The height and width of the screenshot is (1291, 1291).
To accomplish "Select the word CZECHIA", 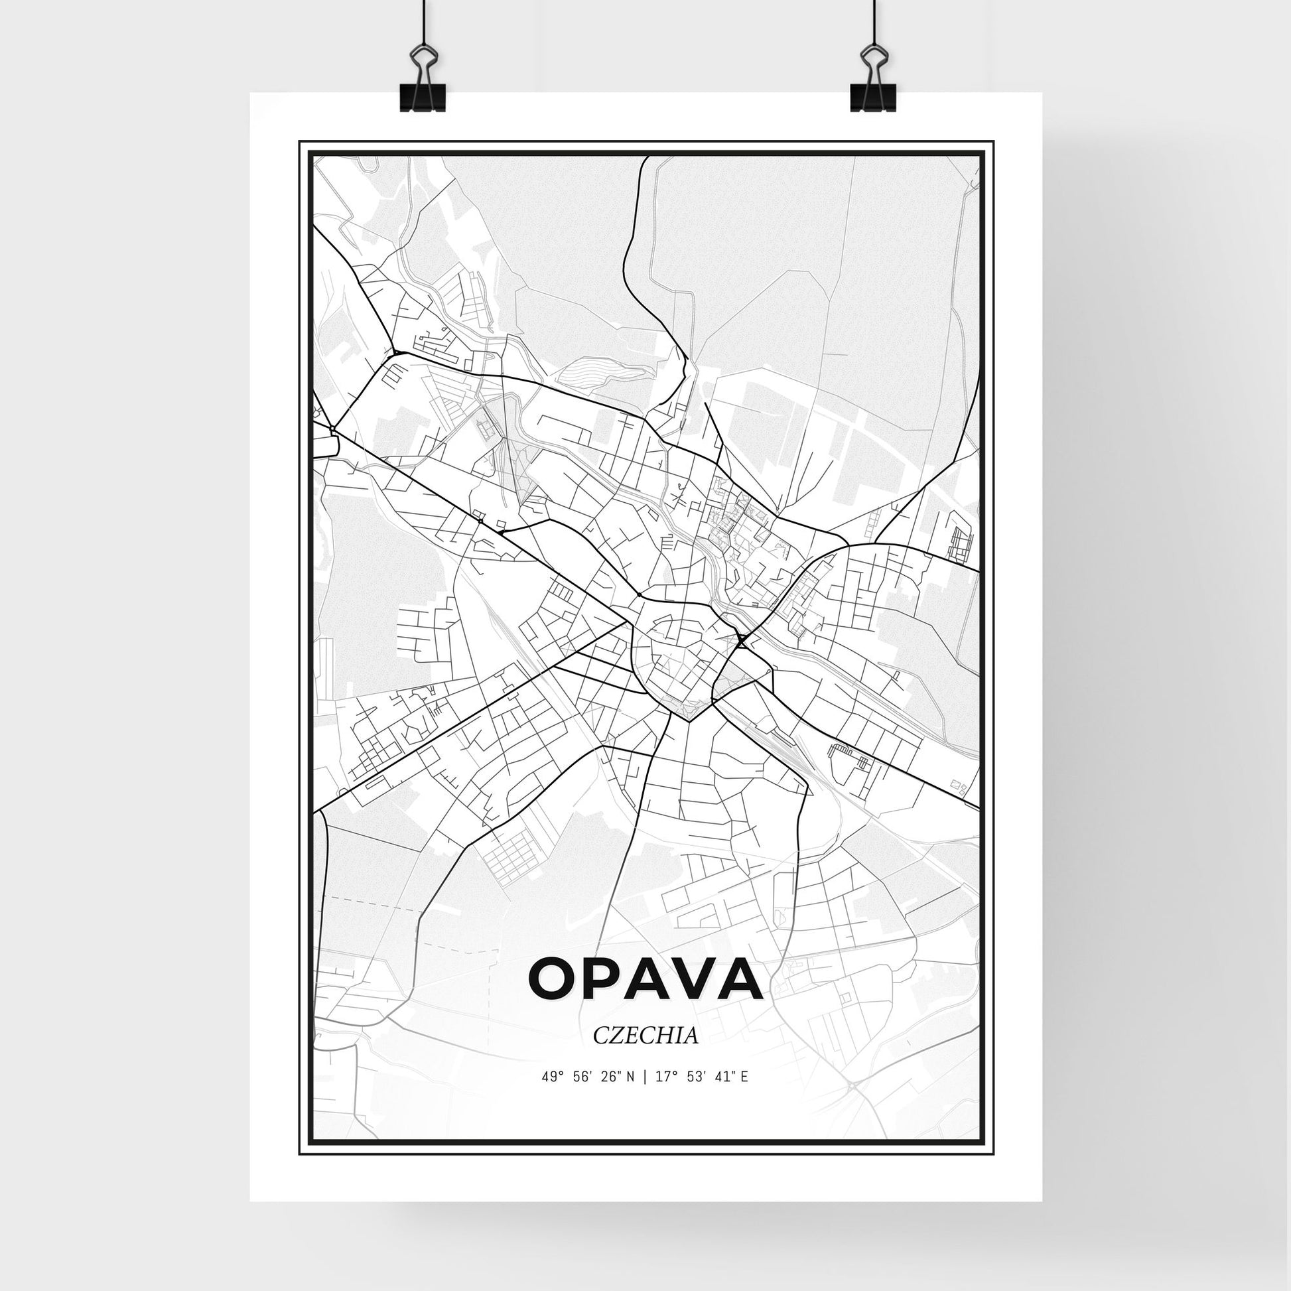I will pos(645,1053).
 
